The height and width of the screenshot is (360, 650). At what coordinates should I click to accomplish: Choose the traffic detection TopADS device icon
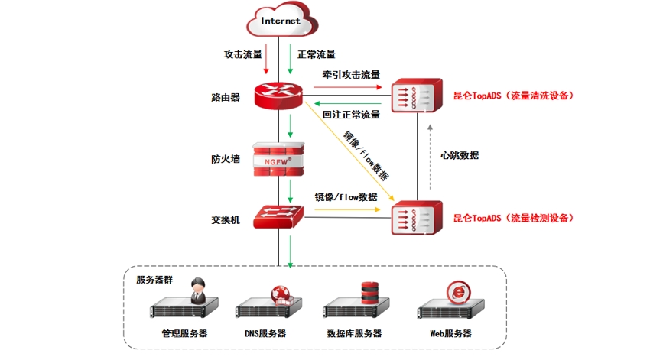417,217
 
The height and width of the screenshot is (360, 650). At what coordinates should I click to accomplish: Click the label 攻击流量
243,55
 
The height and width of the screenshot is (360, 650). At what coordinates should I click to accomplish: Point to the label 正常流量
316,55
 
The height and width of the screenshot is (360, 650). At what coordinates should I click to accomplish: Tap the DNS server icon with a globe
265,306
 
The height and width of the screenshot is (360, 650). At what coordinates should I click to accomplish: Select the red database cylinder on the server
369,291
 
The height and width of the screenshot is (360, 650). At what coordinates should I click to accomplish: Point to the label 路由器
226,98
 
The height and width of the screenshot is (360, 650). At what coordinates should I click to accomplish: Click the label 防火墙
226,159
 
